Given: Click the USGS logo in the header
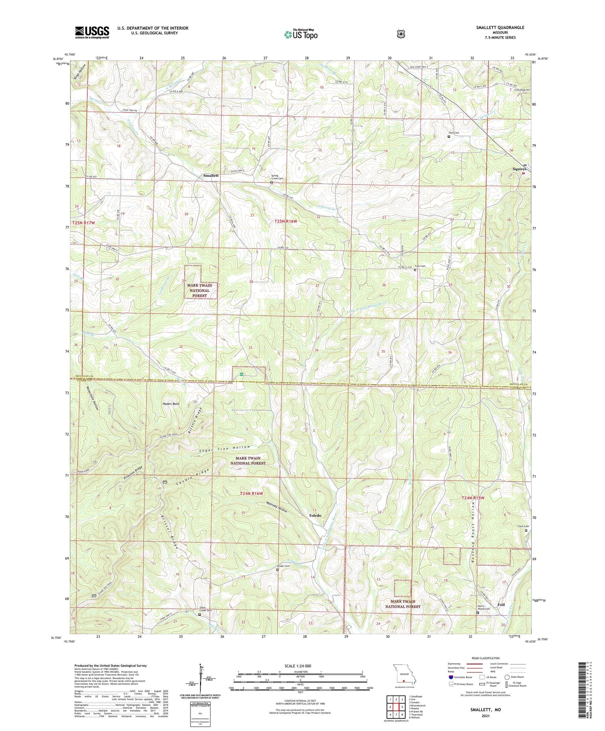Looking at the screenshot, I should pyautogui.click(x=92, y=32).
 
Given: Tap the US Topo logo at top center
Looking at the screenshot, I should pyautogui.click(x=300, y=34).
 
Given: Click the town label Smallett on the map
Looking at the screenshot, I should pyautogui.click(x=211, y=176).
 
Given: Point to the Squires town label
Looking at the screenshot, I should pyautogui.click(x=519, y=169).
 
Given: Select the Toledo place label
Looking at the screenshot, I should pyautogui.click(x=315, y=515).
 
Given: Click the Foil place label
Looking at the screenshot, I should pyautogui.click(x=501, y=605).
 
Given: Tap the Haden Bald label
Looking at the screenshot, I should pyautogui.click(x=171, y=404).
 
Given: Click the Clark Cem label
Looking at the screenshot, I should pyautogui.click(x=523, y=526).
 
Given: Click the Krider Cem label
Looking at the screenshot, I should pyautogui.click(x=283, y=566).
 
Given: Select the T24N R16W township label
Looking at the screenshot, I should pyautogui.click(x=251, y=494).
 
